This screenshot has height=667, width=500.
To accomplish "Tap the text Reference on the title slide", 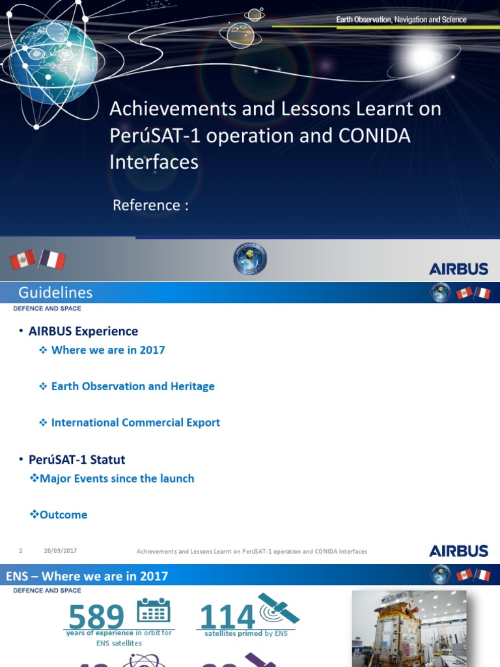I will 150,205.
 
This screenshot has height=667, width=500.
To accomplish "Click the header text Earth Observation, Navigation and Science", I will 401,20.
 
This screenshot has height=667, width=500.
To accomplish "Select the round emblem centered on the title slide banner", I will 250,259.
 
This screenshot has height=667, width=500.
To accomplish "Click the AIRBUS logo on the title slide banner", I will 458,268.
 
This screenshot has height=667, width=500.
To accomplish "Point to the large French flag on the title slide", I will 52,260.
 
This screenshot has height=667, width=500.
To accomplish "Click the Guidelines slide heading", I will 55,293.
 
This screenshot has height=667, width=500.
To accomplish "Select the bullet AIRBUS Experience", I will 83,332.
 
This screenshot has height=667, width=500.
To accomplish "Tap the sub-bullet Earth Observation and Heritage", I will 133,386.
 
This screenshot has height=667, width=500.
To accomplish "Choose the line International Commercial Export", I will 135,423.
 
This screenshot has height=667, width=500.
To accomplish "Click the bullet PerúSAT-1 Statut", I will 77,460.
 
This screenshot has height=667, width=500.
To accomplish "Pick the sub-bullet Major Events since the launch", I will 117,479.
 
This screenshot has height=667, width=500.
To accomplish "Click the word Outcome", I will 63,515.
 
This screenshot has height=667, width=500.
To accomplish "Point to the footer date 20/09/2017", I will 61,551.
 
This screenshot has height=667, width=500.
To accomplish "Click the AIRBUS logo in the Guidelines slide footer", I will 458,551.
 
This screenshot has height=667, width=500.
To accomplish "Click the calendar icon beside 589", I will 154,610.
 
